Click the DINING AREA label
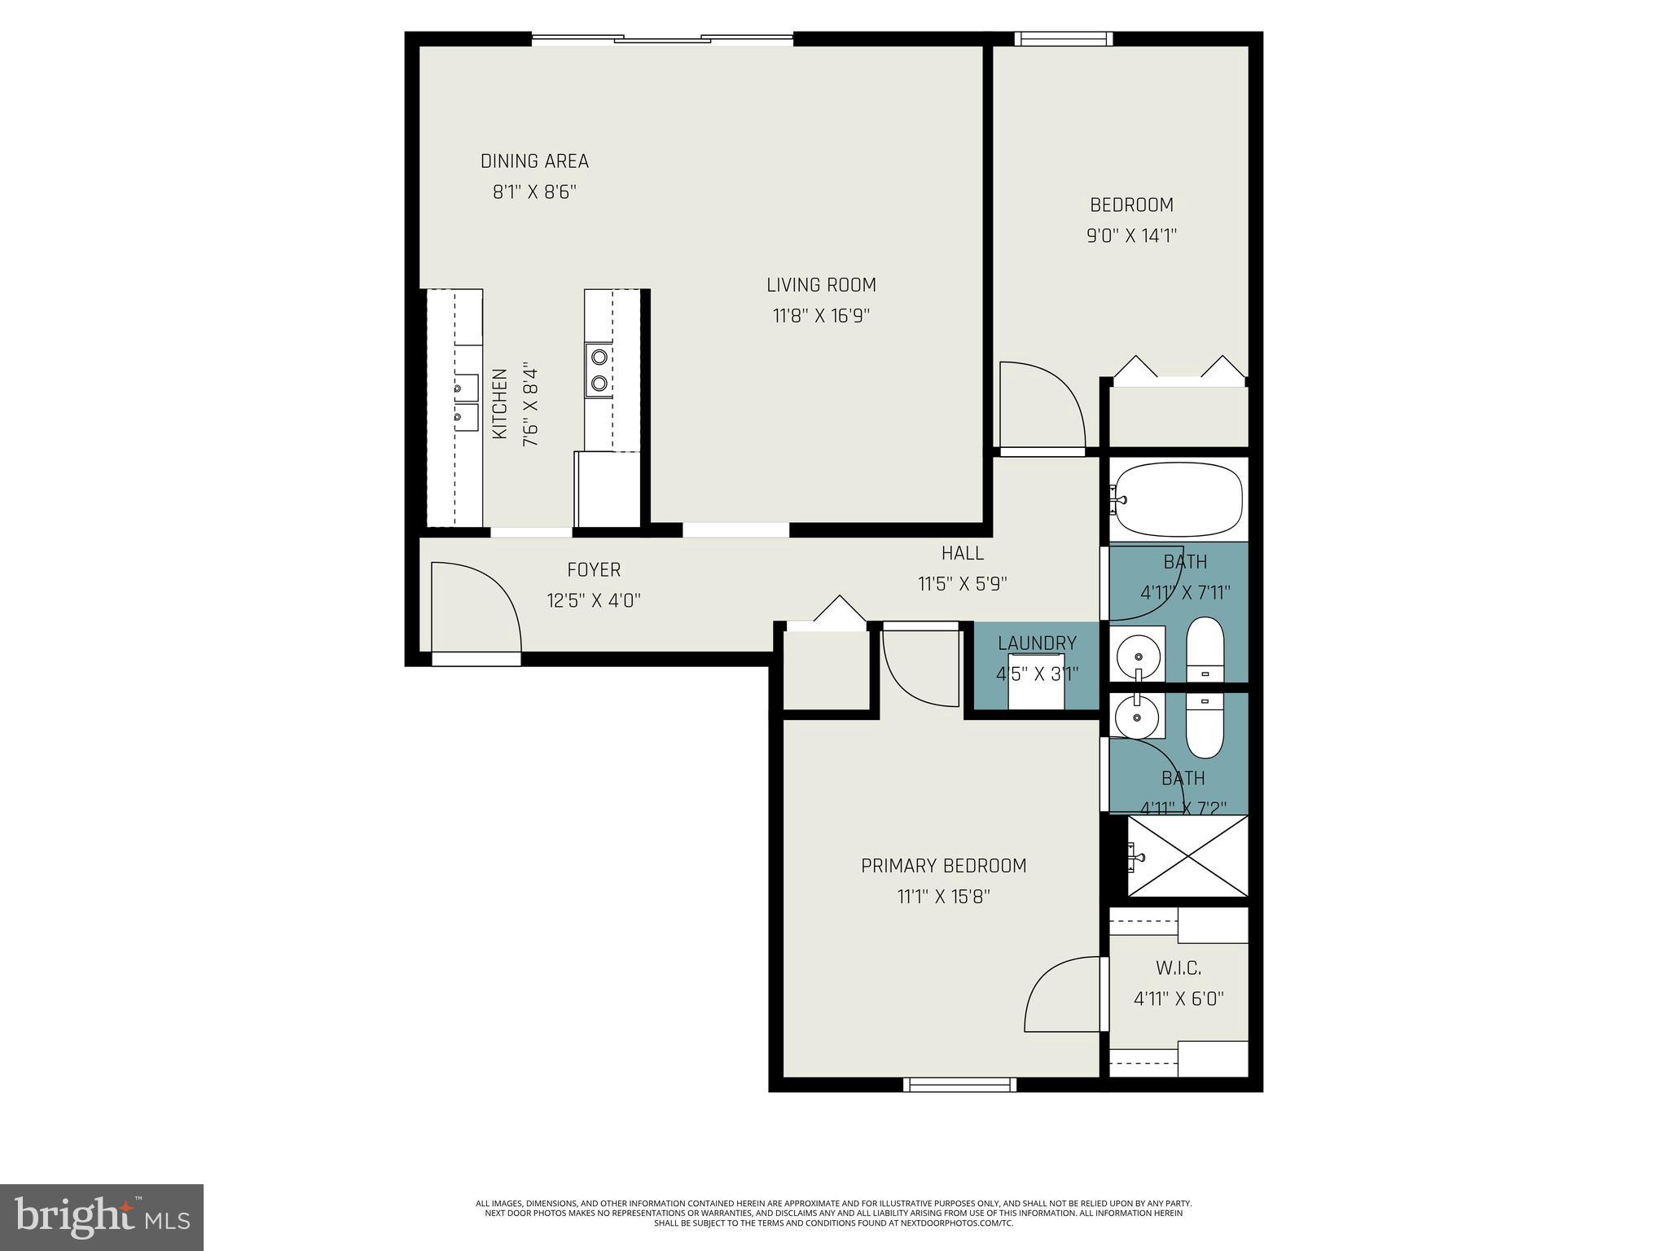pos(534,161)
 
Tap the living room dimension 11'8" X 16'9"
pos(821,316)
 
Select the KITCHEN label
pos(499,404)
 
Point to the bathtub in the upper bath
pos(1178,498)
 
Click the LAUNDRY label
pos(1037,643)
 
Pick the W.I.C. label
pos(1179,968)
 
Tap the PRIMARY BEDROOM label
pos(943,866)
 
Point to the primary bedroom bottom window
pos(959,1084)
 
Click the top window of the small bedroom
pos(1063,38)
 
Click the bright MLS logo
pos(102,1218)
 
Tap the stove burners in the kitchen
pos(599,369)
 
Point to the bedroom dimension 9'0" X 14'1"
pos(1131,236)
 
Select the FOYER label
pos(594,570)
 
